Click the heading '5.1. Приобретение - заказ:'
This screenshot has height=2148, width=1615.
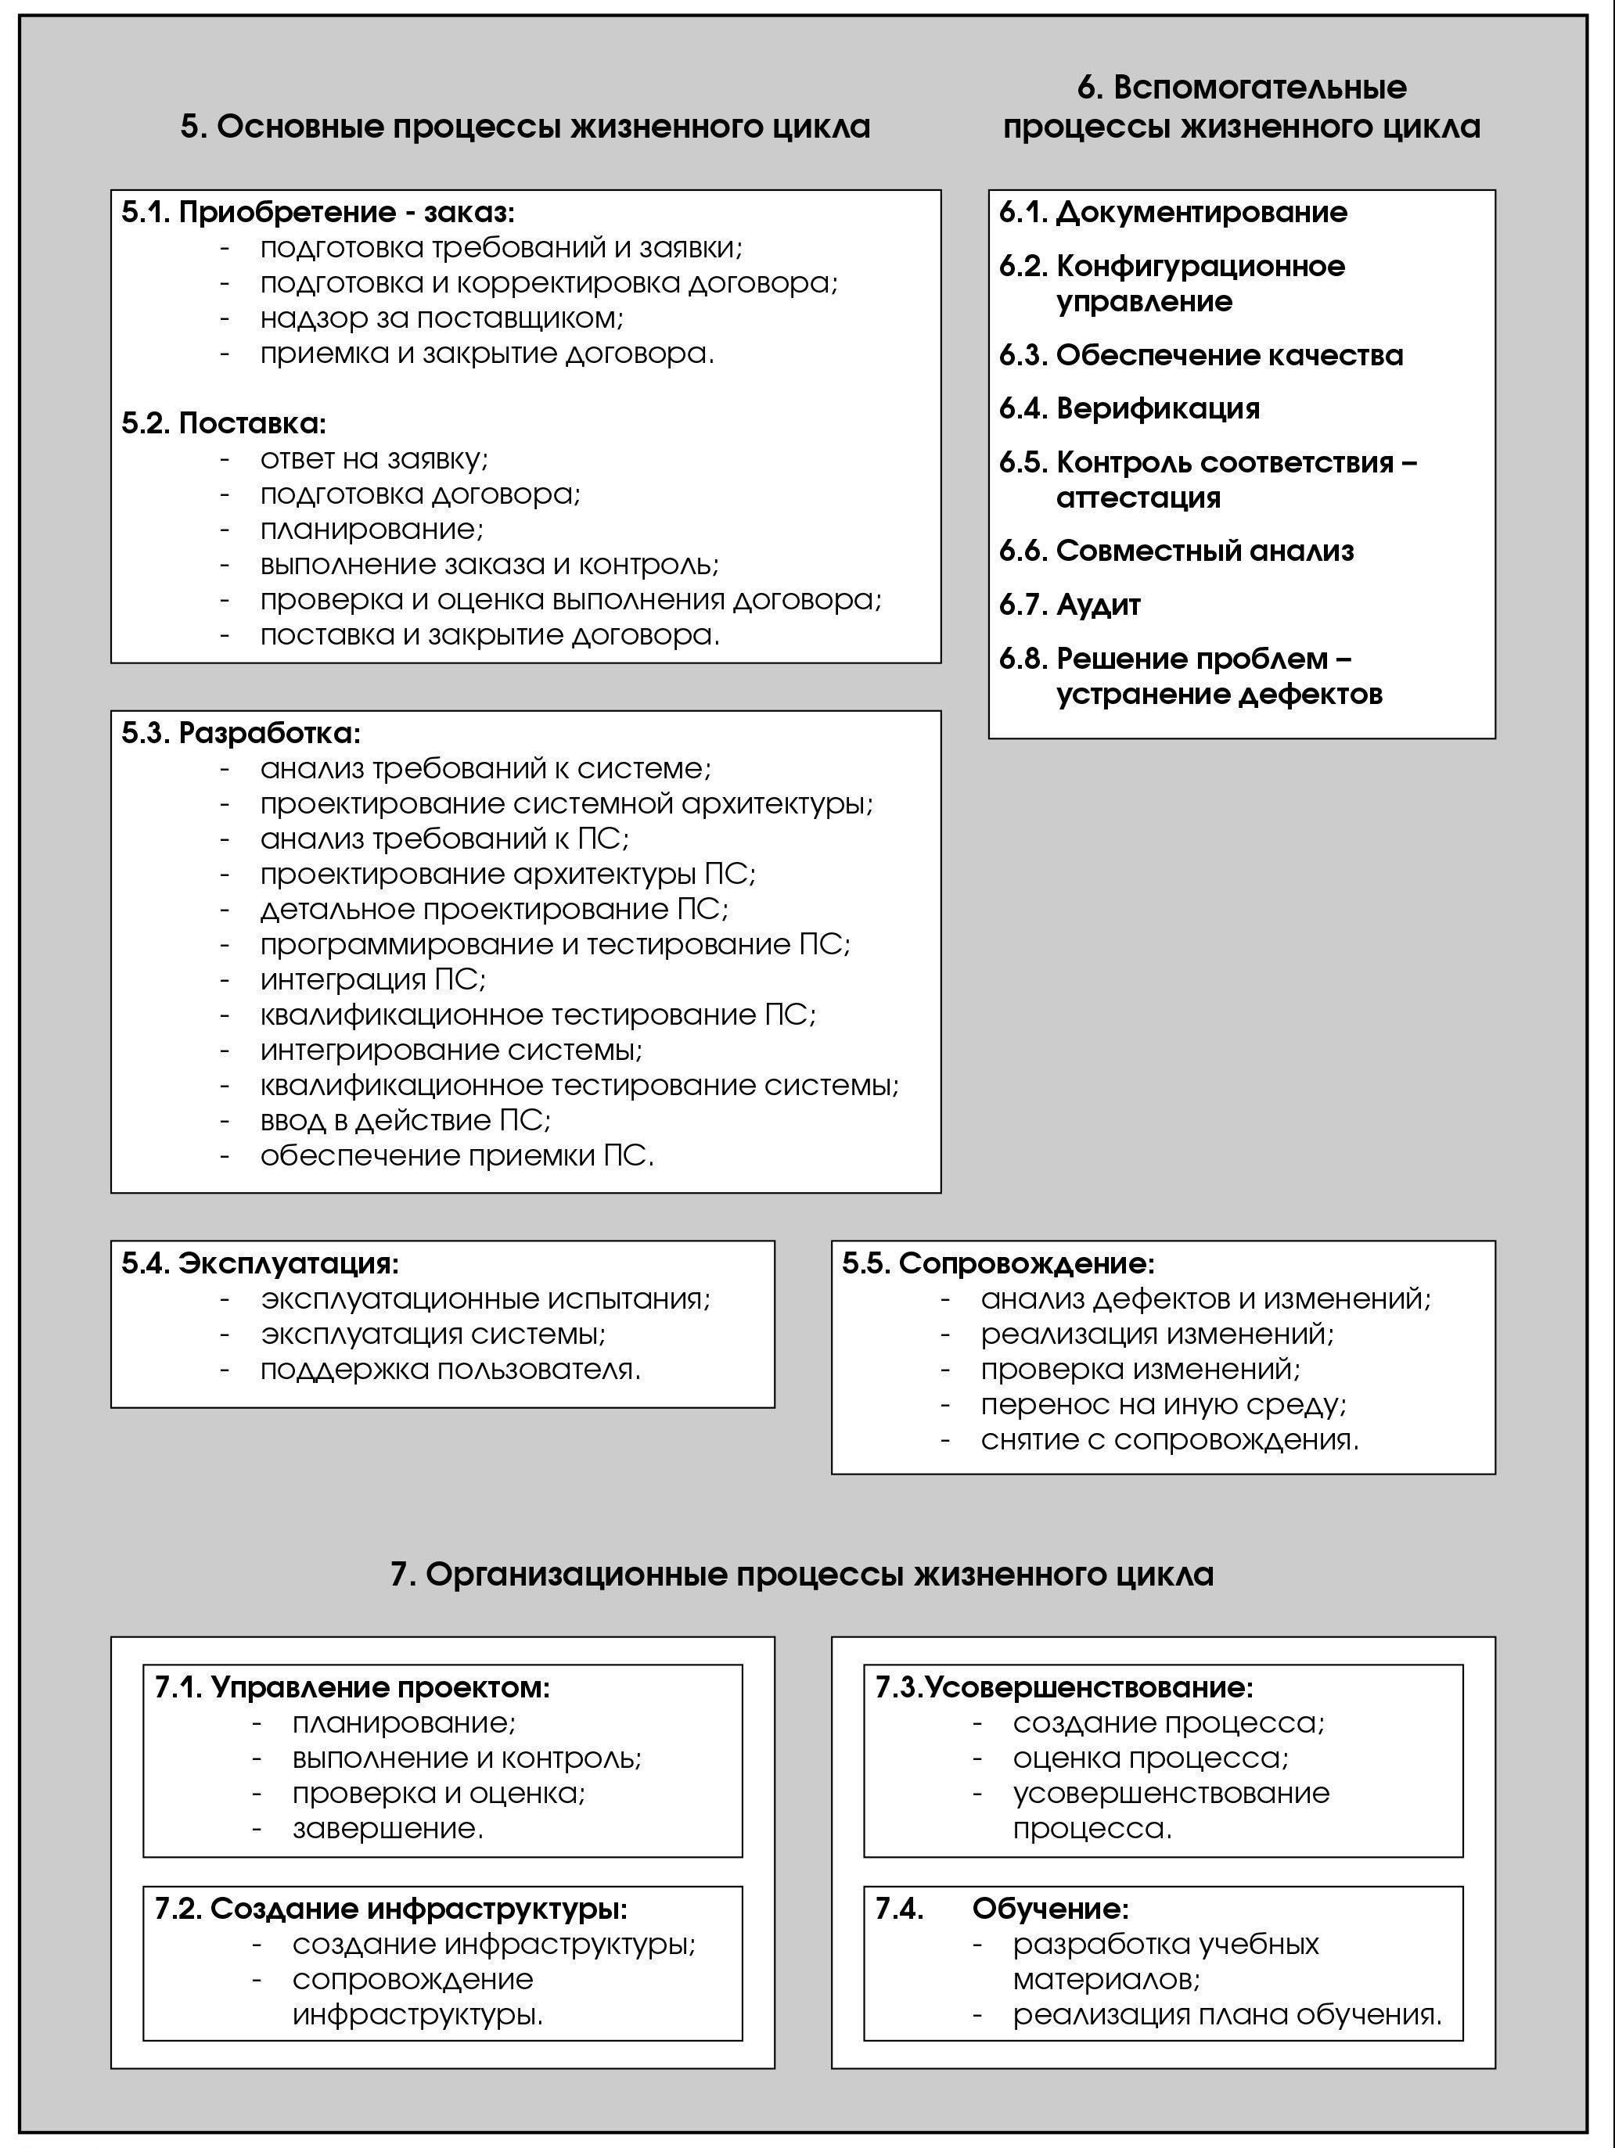pos(318,213)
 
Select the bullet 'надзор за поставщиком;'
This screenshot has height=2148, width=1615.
pos(442,318)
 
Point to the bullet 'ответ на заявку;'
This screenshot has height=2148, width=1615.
pos(374,458)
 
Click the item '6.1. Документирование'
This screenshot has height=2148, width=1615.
pos(1173,213)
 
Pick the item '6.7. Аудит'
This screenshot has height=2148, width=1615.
pos(1070,605)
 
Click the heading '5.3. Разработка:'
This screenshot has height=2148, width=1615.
pos(241,733)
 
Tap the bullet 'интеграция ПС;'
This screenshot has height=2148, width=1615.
pos(373,979)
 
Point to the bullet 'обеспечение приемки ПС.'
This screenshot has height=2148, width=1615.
pos(456,1155)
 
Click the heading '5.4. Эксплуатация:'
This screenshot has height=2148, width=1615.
pos(261,1263)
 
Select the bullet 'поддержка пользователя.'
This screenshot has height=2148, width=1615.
pos(451,1369)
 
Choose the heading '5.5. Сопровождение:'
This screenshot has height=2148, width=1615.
pos(998,1263)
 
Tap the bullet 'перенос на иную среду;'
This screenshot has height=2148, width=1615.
pos(1164,1404)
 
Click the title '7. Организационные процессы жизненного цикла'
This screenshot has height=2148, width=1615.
pos(802,1574)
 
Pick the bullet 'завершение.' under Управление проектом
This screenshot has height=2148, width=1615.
pos(387,1829)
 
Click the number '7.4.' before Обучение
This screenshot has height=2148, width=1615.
pos(899,1909)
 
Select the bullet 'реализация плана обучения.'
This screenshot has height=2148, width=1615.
pos(1228,2014)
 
